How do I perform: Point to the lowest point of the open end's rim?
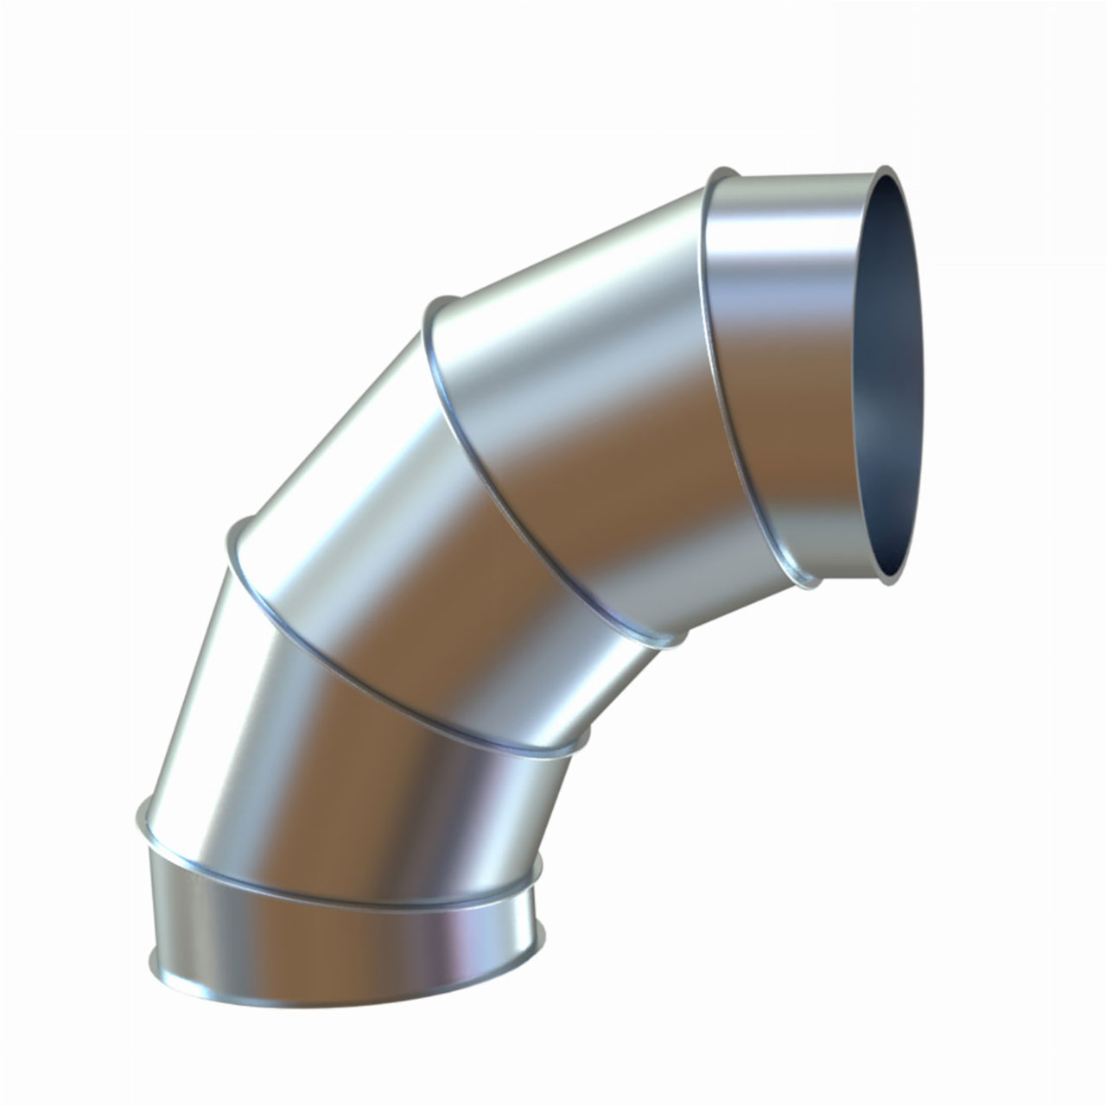[888, 583]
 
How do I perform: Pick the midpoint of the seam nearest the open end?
[730, 389]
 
